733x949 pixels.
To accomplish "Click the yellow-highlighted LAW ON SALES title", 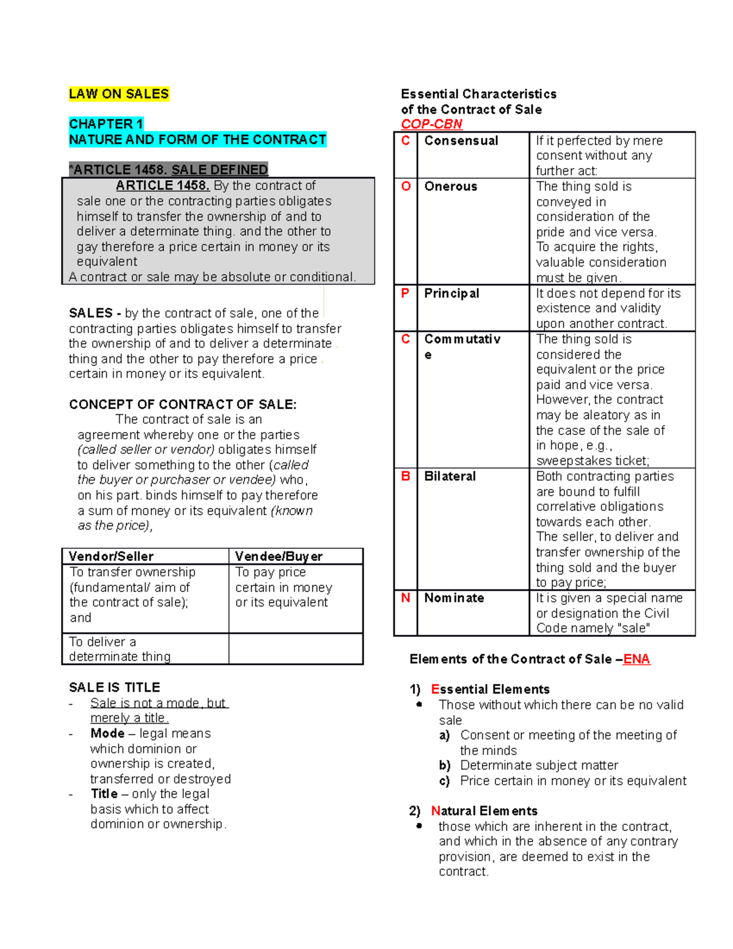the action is click(119, 94).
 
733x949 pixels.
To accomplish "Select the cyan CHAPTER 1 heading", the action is click(106, 124).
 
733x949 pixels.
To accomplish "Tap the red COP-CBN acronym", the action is click(431, 124).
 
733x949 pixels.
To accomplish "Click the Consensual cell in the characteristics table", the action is click(461, 141).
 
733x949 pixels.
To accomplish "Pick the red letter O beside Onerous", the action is click(406, 186).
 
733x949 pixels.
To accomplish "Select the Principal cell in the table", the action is click(451, 293).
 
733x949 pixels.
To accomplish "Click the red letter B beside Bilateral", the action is click(406, 476).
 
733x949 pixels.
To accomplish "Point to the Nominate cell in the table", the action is click(454, 598).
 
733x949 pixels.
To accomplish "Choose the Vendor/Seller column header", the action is click(111, 556).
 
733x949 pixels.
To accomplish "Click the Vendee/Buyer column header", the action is click(279, 556).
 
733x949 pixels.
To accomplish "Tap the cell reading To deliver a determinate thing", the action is click(120, 649).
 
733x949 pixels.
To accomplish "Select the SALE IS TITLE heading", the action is click(114, 687).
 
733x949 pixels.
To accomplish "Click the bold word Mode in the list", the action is click(108, 733).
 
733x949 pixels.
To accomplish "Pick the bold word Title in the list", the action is click(104, 794).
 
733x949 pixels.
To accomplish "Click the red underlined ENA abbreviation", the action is click(636, 659).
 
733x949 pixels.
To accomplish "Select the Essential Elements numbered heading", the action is click(489, 689).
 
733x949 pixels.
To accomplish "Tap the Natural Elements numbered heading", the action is click(484, 811).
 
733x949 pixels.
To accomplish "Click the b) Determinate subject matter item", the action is click(538, 765).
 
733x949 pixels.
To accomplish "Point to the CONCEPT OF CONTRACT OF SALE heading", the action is click(183, 405).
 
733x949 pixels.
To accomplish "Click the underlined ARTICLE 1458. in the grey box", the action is click(162, 186).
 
